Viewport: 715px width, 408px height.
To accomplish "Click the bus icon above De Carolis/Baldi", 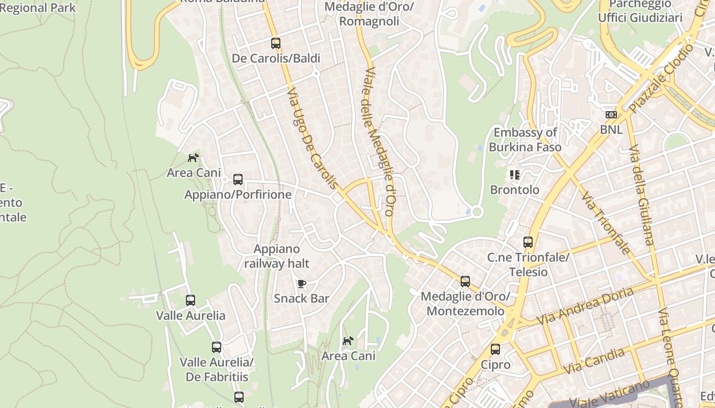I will (276, 43).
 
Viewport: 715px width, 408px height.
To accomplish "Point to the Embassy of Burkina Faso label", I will (525, 140).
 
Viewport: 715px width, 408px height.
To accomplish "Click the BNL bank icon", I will (611, 115).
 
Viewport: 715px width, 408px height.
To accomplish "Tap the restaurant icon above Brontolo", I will (515, 175).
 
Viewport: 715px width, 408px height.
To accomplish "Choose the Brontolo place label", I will (515, 190).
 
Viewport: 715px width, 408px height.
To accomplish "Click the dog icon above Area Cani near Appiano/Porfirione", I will (193, 158).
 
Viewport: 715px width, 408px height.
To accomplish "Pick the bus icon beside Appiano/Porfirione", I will (238, 180).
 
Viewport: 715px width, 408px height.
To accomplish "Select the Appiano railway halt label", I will (277, 257).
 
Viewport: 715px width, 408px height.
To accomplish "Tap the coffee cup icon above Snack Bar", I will (302, 284).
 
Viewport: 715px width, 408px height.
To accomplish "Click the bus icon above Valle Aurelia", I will (190, 300).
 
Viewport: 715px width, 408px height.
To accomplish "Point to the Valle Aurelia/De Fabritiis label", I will (217, 370).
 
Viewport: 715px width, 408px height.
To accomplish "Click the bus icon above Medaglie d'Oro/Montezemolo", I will (465, 281).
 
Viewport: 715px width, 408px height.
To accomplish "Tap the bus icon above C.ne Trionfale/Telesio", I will (528, 242).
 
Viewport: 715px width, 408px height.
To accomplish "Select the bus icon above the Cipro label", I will (495, 349).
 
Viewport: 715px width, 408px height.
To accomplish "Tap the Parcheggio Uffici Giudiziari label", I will (640, 11).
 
